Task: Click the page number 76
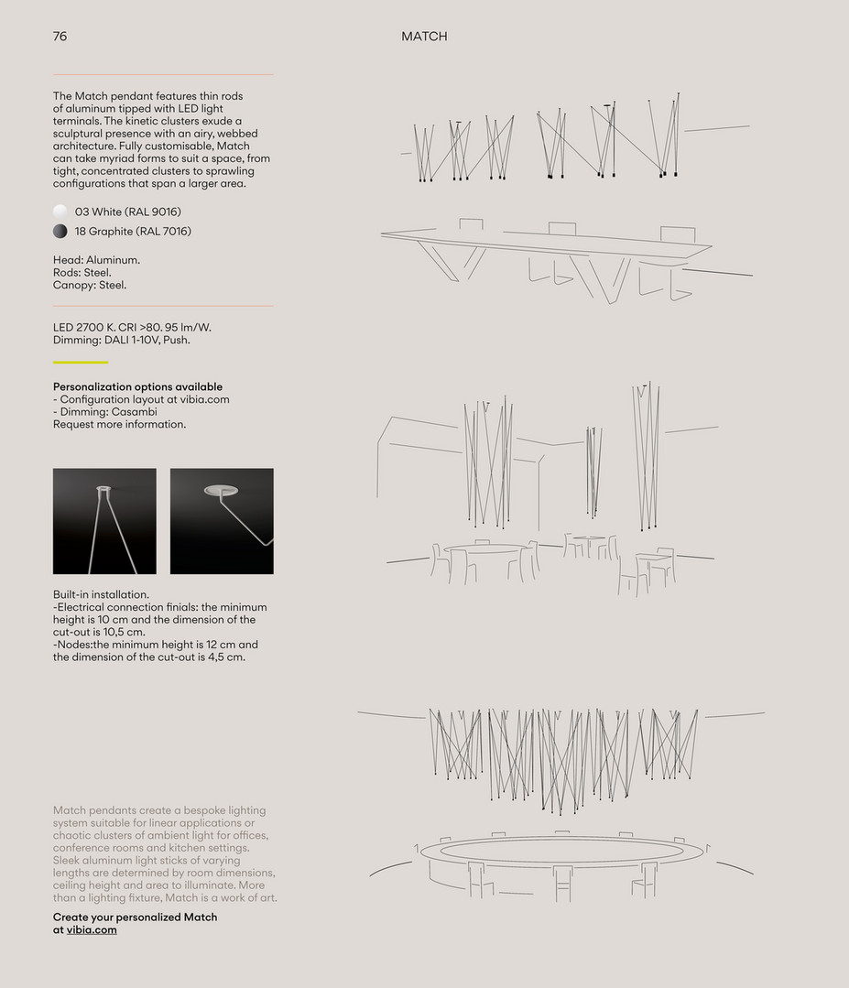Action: (60, 37)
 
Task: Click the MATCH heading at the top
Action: (424, 37)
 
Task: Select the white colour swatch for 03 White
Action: (60, 212)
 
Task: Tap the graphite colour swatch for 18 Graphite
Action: (60, 232)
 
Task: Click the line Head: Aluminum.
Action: (96, 260)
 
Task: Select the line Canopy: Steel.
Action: (90, 285)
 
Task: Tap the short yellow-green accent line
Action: (81, 363)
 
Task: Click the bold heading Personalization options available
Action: (137, 386)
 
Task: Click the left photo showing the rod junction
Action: (104, 521)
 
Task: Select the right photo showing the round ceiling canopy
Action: (222, 521)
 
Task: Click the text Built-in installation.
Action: (101, 594)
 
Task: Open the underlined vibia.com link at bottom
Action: (92, 929)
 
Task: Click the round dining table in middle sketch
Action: (483, 550)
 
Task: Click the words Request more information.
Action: (119, 424)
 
